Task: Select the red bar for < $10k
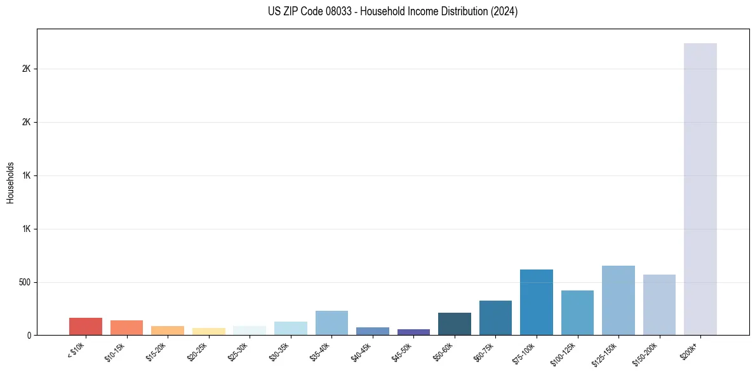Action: [86, 326]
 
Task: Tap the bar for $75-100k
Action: [536, 302]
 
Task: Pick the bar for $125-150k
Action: [618, 300]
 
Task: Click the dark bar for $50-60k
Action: [454, 324]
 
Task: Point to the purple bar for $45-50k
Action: [413, 332]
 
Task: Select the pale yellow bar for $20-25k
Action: [208, 331]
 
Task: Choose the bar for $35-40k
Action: [331, 323]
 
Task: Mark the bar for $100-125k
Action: [577, 313]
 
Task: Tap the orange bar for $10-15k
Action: [126, 327]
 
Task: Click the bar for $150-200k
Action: [659, 304]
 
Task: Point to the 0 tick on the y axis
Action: [29, 336]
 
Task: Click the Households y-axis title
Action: [10, 182]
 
